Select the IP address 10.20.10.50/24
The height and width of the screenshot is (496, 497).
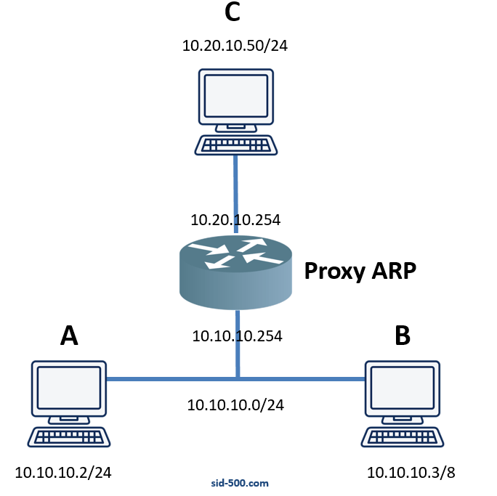[x=236, y=46]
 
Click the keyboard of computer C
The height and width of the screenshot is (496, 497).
[x=236, y=145]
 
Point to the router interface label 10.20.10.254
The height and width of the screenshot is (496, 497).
[x=235, y=219]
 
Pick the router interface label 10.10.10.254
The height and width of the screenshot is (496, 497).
[x=237, y=336]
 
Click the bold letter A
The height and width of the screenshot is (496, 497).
[x=69, y=336]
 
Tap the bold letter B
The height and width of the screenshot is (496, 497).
[x=402, y=336]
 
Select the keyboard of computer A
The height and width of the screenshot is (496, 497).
[x=69, y=438]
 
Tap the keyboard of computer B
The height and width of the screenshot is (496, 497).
[x=403, y=438]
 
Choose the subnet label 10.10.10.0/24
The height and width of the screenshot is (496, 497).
[x=235, y=405]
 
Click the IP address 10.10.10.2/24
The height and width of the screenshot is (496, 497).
[x=63, y=473]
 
